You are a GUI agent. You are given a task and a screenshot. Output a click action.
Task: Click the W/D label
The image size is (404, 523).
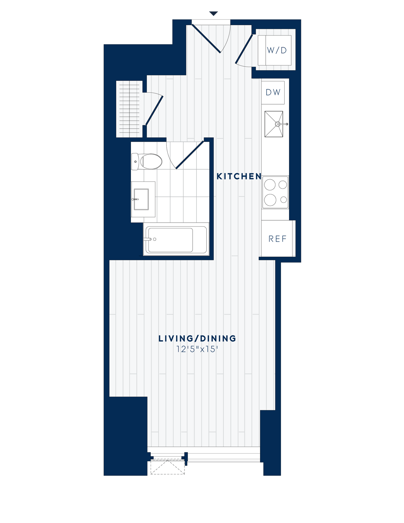point(277,50)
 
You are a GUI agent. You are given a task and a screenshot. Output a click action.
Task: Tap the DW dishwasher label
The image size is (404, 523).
point(273,92)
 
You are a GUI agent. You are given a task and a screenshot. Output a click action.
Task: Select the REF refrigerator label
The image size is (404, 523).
point(278,239)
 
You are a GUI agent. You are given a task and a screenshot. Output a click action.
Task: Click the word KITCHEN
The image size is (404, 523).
point(239,176)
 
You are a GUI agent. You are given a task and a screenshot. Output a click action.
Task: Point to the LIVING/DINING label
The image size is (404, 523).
point(197,339)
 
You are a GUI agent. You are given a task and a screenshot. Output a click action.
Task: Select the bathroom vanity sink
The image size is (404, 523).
point(141,199)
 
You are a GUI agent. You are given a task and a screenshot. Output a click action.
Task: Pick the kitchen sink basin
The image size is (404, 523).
point(274,124)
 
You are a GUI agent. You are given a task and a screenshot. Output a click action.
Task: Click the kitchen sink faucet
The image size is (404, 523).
point(282,124)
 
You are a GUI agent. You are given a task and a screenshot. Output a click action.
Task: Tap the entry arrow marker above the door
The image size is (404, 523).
point(213,14)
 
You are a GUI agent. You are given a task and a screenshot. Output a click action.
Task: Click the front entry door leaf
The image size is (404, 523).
point(206,39)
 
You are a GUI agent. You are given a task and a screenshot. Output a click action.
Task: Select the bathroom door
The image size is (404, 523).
point(190,154)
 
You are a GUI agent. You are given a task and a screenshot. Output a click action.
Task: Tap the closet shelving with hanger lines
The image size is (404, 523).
point(129,109)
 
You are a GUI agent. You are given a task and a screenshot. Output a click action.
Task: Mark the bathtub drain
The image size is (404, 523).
point(154,239)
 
